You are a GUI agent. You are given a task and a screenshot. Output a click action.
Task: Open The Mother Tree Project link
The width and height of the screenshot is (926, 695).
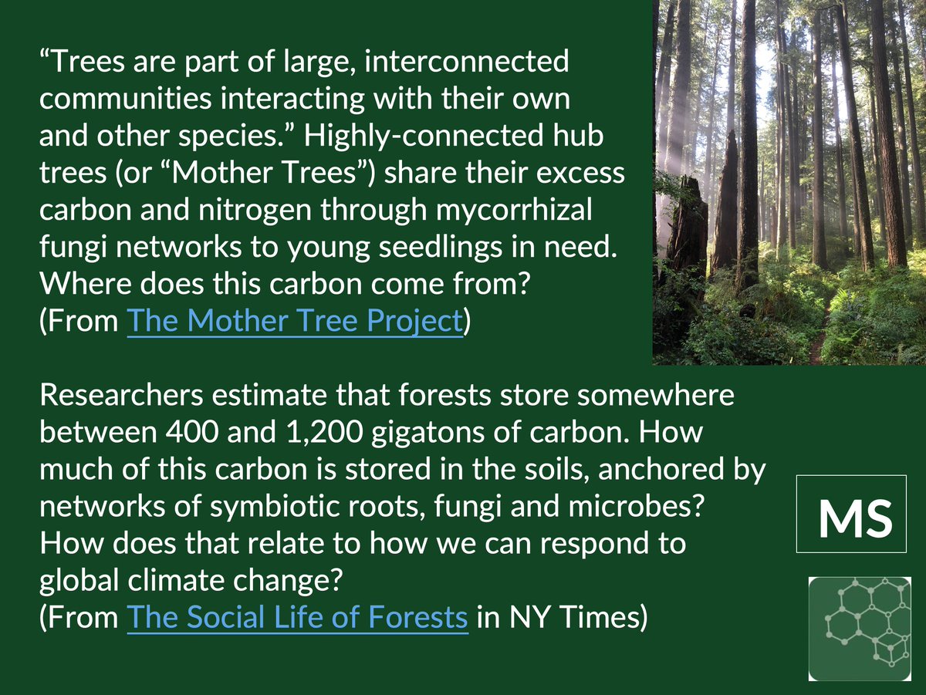click(295, 322)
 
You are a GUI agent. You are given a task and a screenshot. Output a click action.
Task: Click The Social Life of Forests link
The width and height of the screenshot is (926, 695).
click(297, 617)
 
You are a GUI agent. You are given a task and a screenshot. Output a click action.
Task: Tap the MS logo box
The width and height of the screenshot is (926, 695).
click(851, 514)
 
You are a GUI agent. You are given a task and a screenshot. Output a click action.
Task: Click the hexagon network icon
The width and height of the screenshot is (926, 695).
click(860, 629)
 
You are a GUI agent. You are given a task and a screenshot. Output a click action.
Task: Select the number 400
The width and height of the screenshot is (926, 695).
click(192, 432)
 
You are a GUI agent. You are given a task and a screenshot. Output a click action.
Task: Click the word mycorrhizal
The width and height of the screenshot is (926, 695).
click(513, 211)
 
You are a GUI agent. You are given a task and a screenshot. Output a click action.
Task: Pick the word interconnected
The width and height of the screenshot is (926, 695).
click(466, 62)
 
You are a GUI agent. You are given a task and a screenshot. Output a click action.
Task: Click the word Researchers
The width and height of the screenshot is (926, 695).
click(121, 395)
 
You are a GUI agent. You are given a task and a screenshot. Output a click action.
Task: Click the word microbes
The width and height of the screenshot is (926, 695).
click(636, 507)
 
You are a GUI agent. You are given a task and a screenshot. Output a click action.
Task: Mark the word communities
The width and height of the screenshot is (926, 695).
click(125, 99)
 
